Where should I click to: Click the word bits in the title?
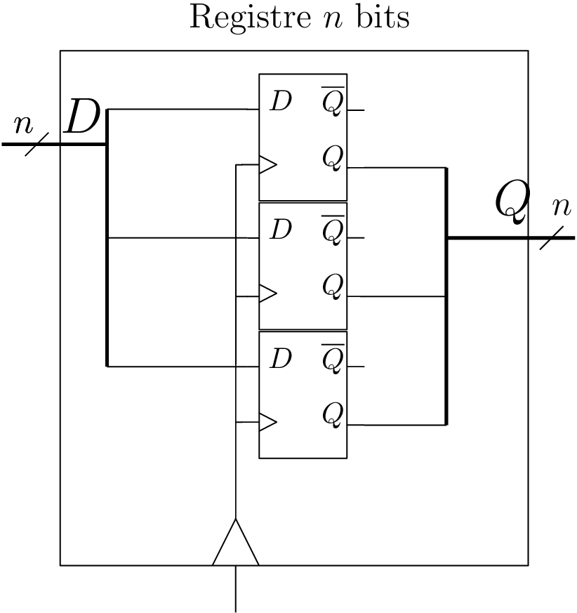(383, 18)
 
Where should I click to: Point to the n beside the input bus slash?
(24, 124)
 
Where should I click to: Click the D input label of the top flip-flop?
(281, 102)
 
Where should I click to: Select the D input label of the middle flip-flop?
(281, 230)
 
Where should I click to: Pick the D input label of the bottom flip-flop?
(281, 359)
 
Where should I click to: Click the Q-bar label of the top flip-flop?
(333, 102)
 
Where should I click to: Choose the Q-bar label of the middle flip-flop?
(333, 230)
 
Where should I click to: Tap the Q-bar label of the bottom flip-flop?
(333, 359)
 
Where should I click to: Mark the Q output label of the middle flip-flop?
(333, 286)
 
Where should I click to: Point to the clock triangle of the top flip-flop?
(267, 165)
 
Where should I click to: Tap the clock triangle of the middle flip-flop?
(267, 294)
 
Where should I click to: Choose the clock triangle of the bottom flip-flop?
(267, 422)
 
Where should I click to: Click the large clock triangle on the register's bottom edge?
(236, 546)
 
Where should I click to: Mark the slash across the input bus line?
(37, 144)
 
